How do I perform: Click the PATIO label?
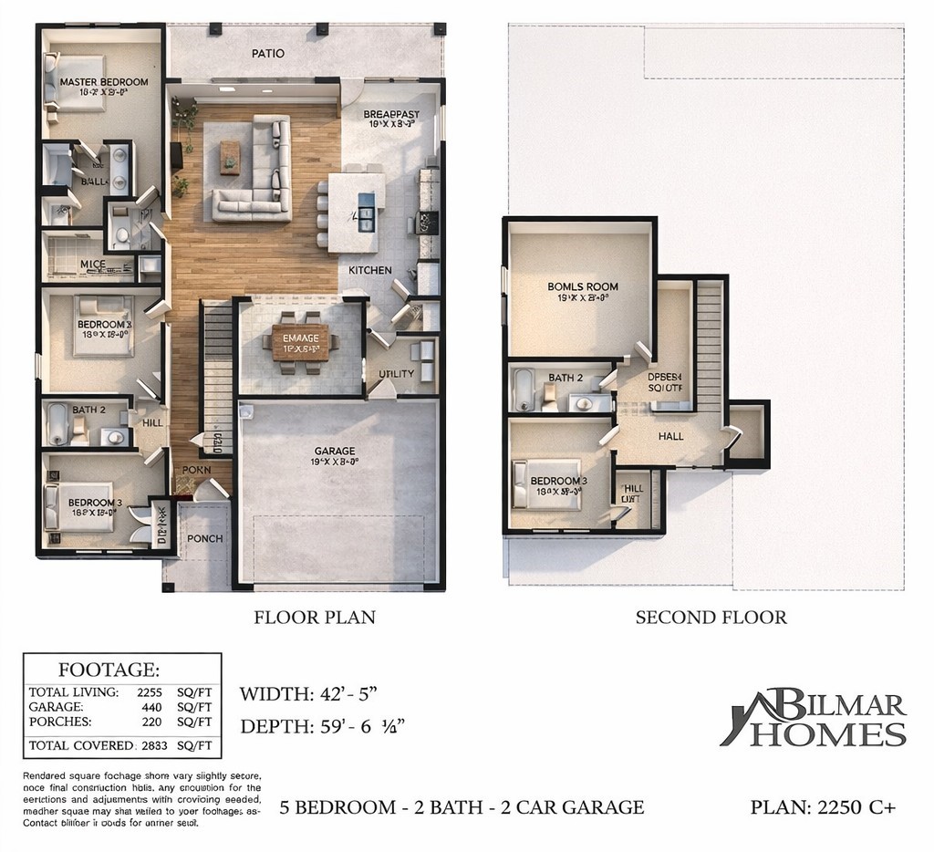click(268, 53)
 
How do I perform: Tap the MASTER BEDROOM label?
click(103, 82)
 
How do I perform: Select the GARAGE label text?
click(335, 451)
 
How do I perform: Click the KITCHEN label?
click(370, 270)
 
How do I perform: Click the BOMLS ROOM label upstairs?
click(583, 286)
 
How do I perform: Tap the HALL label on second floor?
click(671, 436)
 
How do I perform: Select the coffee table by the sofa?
click(230, 157)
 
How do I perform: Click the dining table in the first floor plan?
click(296, 343)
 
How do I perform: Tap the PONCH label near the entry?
click(205, 538)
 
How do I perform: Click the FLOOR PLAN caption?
click(314, 618)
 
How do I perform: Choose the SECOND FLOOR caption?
click(711, 618)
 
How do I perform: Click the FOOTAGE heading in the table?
click(109, 669)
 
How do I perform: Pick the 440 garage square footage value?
click(153, 706)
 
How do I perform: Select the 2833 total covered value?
click(155, 745)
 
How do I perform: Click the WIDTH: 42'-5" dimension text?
click(307, 693)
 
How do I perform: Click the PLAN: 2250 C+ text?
click(823, 806)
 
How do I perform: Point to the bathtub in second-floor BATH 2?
click(524, 390)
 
